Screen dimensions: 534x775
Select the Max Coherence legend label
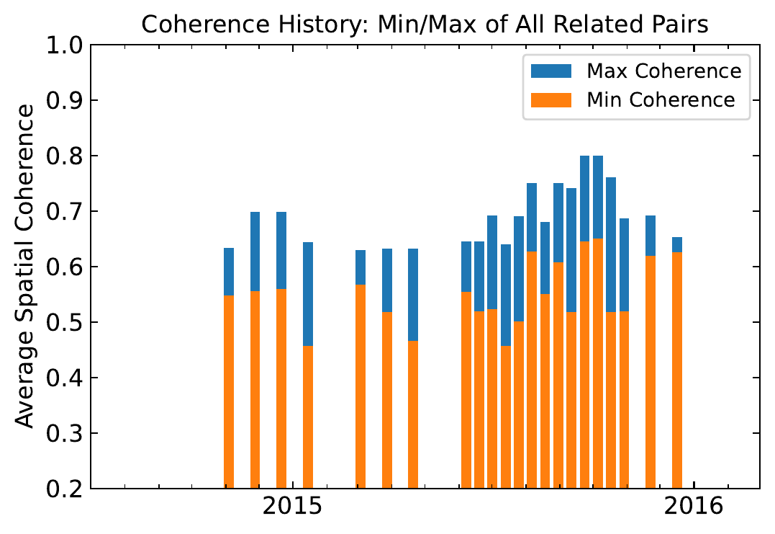(663, 71)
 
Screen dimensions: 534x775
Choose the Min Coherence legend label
(661, 99)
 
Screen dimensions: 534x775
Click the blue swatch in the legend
(550, 71)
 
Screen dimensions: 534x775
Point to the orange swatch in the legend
(550, 99)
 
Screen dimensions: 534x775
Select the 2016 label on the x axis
(693, 509)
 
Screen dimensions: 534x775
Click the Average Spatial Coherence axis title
(26, 267)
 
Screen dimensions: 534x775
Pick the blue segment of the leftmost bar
(229, 272)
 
